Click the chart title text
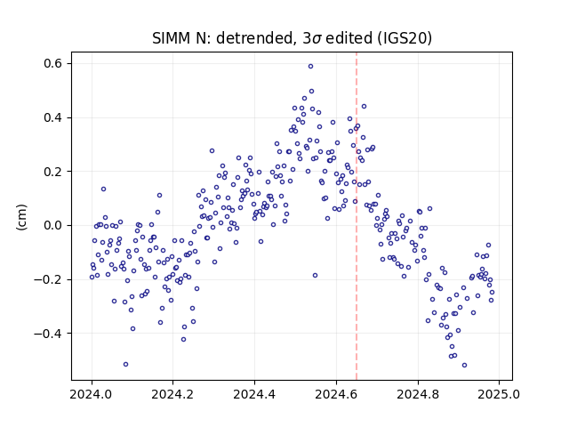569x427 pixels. (x=292, y=38)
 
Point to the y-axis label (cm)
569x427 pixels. (x=21, y=217)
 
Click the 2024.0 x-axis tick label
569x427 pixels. (x=92, y=394)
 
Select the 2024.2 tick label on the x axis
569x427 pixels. (x=173, y=394)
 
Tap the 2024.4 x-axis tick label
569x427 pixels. (x=255, y=394)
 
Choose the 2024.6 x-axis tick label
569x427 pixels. (x=336, y=394)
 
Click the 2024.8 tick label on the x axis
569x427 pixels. (x=418, y=394)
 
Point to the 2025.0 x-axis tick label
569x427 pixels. (x=500, y=394)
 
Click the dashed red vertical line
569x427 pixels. (x=357, y=216)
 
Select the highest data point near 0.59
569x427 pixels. (x=310, y=67)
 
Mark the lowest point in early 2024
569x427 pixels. (x=125, y=364)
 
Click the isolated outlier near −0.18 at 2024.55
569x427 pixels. (x=315, y=276)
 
